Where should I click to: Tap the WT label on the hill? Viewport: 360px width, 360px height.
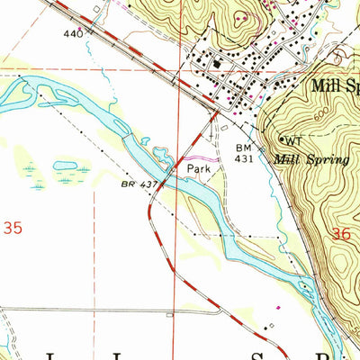pyautogui.click(x=293, y=139)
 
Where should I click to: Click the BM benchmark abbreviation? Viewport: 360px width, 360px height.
pyautogui.click(x=243, y=148)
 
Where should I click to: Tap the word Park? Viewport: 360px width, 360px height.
pyautogui.click(x=199, y=168)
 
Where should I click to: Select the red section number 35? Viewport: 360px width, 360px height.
pyautogui.click(x=13, y=229)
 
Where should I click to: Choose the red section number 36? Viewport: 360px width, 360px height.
pyautogui.click(x=339, y=233)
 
